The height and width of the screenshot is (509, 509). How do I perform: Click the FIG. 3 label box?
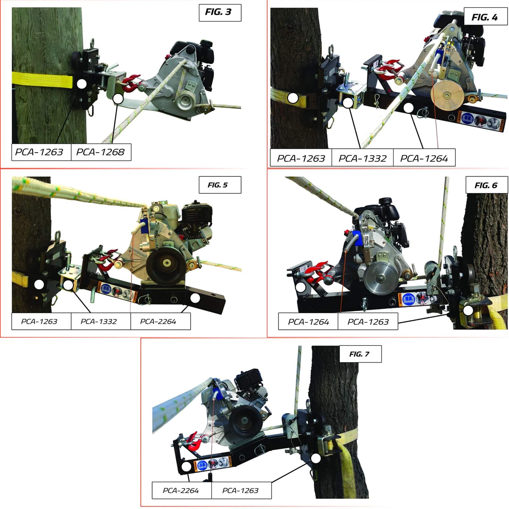click(x=220, y=12)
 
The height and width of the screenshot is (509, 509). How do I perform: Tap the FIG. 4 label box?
click(x=485, y=17)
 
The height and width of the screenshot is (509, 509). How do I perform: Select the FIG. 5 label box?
click(x=220, y=185)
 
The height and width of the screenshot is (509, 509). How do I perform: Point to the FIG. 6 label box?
click(x=486, y=185)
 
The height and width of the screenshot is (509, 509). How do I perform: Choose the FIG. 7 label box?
click(x=360, y=354)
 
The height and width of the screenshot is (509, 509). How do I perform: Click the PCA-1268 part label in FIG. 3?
click(x=101, y=152)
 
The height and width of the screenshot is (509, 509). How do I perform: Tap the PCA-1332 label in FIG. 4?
click(x=362, y=157)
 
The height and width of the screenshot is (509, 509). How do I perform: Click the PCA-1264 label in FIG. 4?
click(x=424, y=157)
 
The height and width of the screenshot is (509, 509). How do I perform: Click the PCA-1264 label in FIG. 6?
click(x=308, y=321)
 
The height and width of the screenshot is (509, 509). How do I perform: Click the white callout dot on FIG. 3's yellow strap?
click(x=82, y=84)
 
